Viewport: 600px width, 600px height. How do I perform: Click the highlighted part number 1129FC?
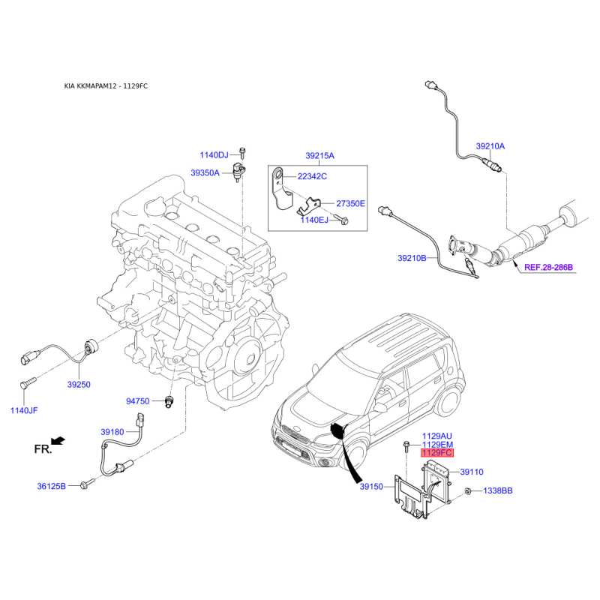pos(437,453)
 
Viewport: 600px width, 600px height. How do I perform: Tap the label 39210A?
pos(490,146)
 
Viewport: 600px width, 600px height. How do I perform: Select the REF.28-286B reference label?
pos(548,267)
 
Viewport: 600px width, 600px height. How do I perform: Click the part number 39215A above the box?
pos(320,156)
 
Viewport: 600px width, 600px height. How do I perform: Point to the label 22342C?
pos(312,176)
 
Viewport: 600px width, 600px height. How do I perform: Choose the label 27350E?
pos(350,203)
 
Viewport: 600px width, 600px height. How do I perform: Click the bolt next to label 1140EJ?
pos(341,219)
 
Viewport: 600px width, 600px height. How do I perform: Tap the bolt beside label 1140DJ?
pos(241,153)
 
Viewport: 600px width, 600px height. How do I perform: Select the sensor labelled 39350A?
pos(238,172)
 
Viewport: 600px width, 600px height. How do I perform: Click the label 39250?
pos(79,385)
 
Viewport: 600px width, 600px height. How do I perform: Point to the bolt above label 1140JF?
pos(28,382)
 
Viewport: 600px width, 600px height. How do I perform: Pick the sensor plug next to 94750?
pos(169,402)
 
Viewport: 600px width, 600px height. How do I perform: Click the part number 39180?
pos(112,432)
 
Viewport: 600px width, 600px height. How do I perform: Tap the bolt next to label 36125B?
pos(87,484)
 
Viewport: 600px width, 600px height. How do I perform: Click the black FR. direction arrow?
pos(58,441)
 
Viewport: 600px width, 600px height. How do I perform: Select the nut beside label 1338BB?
pos(467,491)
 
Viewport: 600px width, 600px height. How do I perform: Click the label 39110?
pos(472,472)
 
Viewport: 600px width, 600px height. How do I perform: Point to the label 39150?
pos(371,487)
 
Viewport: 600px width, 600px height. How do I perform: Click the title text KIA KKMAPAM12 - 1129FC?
pos(106,86)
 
